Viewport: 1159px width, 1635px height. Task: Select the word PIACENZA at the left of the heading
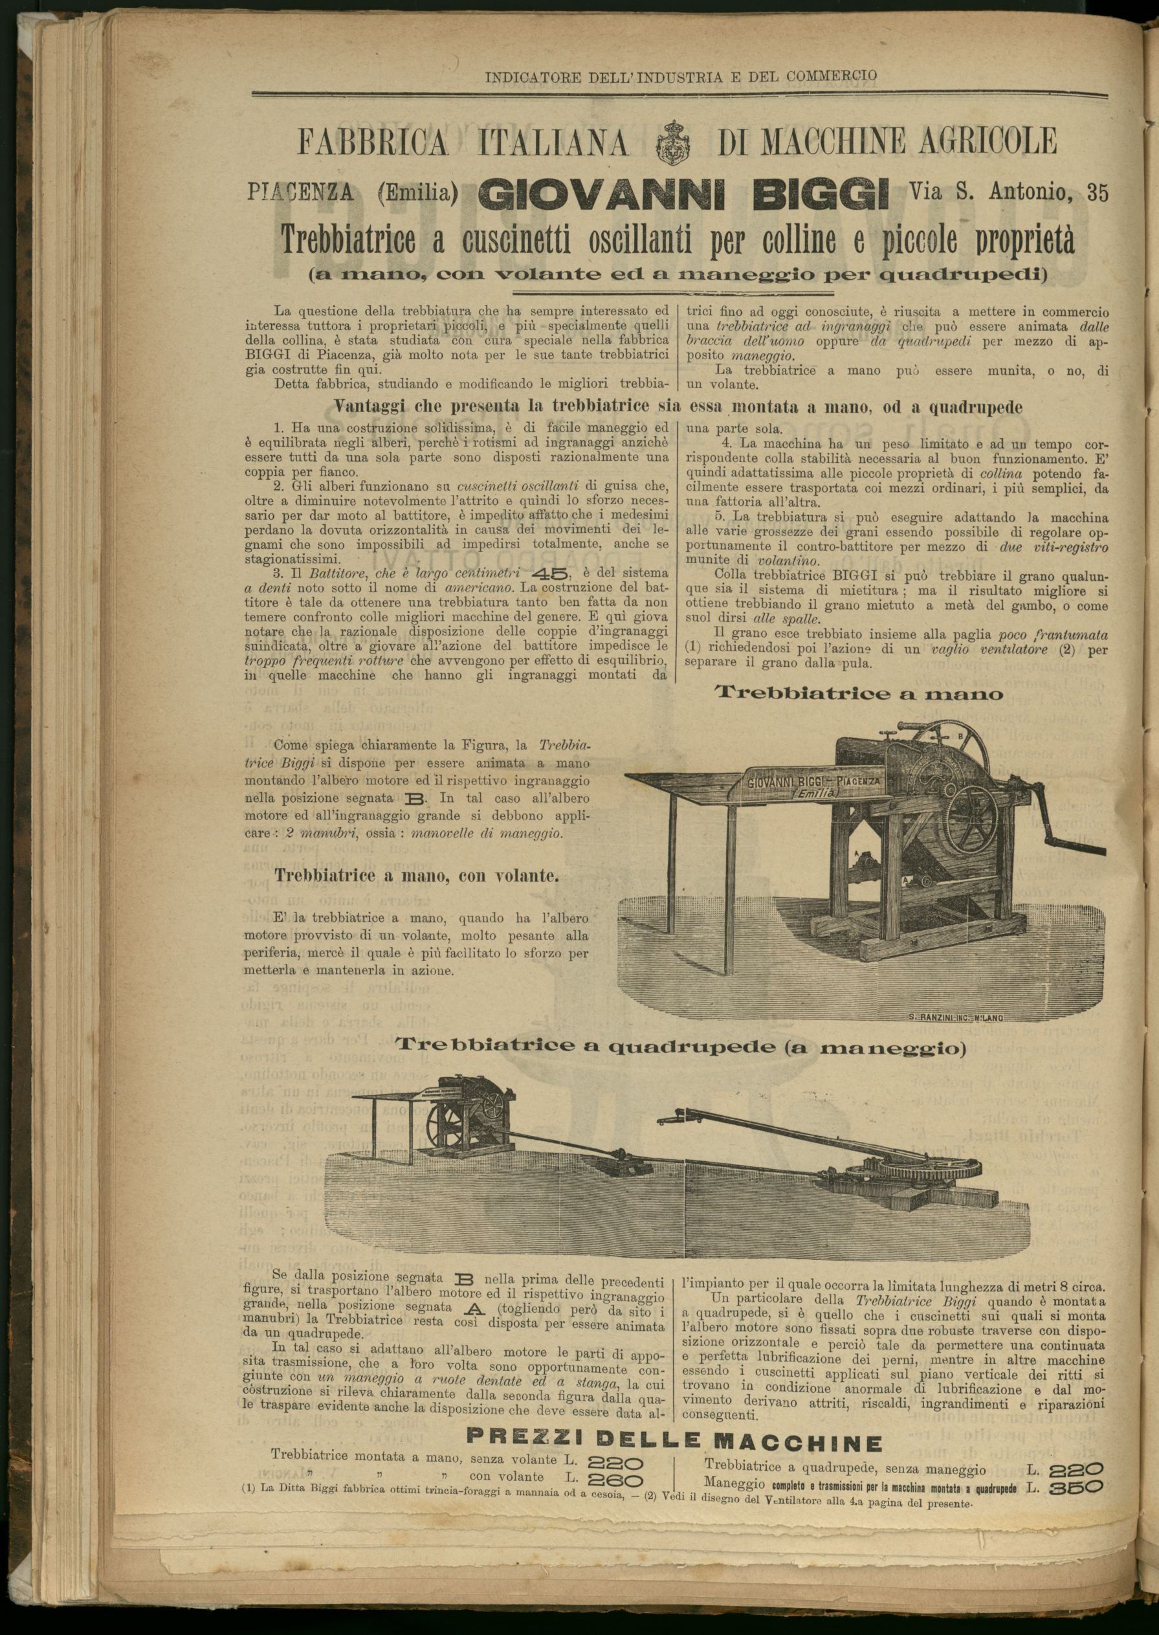click(x=308, y=192)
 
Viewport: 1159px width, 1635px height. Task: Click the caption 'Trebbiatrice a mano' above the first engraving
click(x=859, y=693)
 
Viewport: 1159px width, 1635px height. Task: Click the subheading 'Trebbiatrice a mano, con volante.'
click(x=417, y=875)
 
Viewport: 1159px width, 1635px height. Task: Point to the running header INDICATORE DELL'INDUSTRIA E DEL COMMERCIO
click(x=680, y=76)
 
